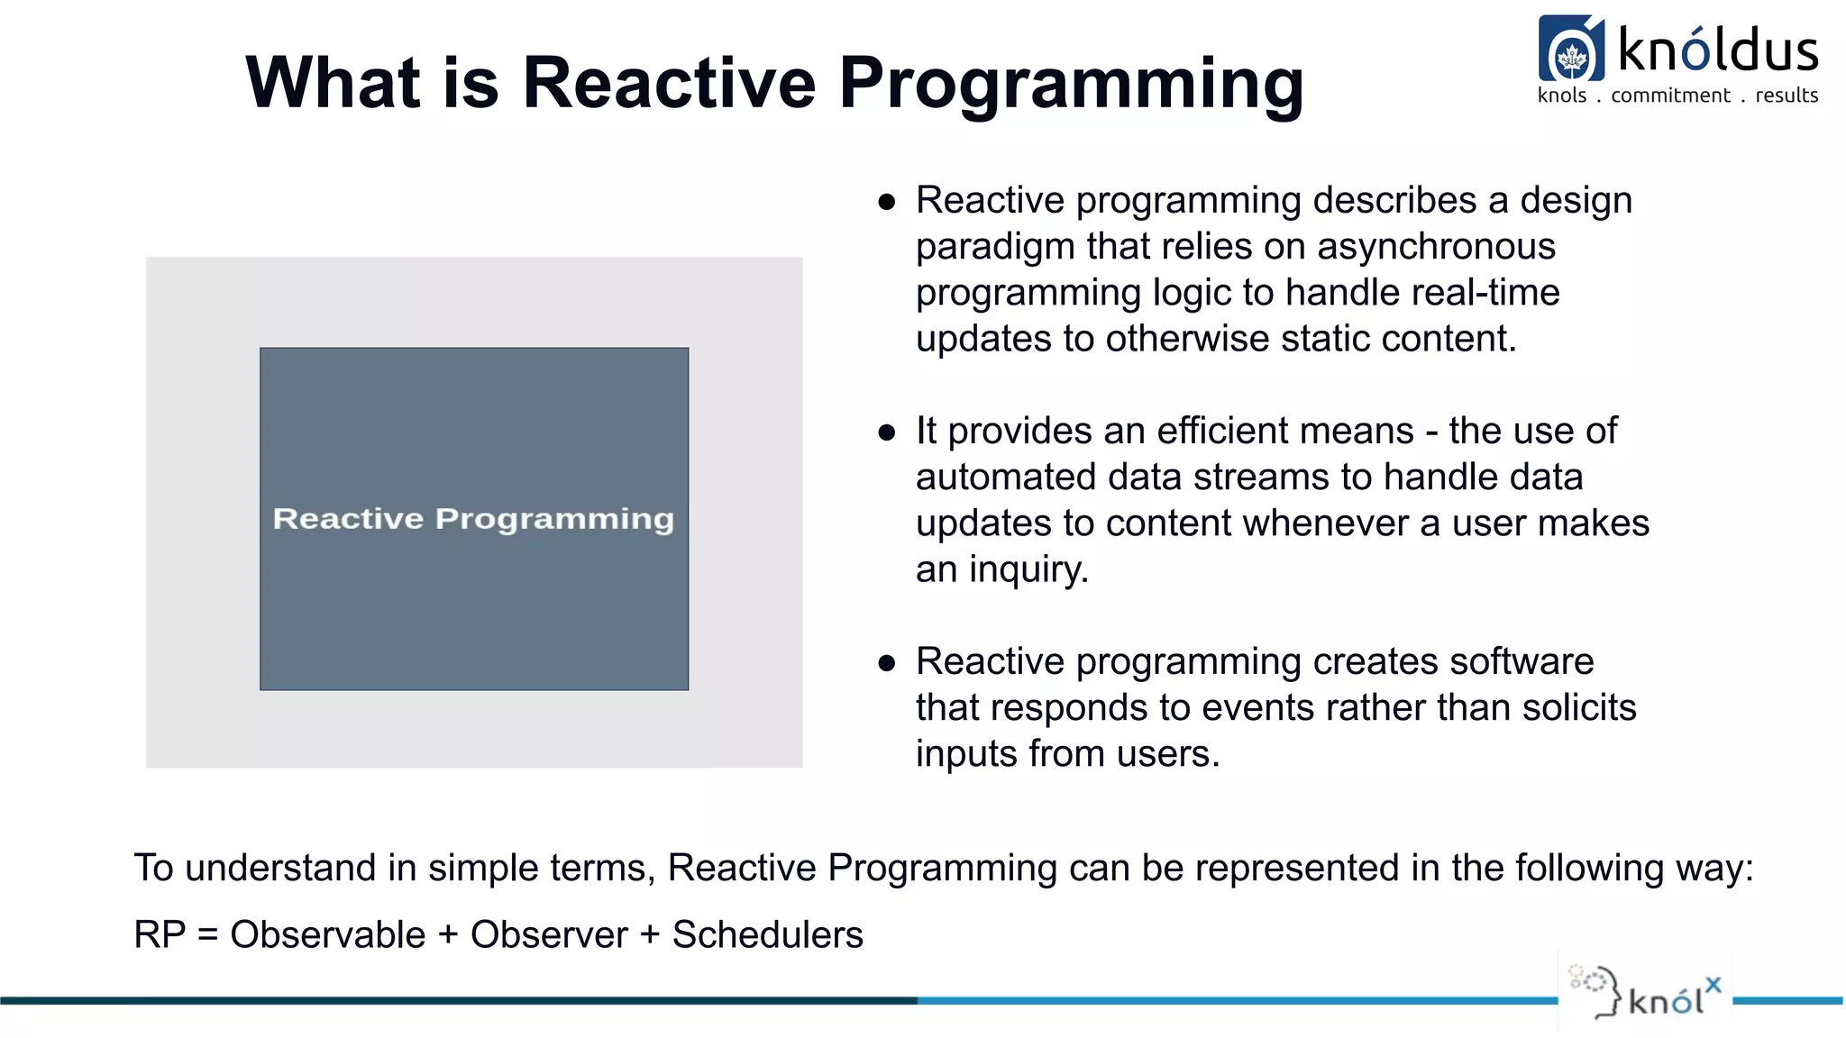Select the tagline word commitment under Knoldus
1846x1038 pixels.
pos(1670,96)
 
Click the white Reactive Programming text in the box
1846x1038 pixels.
pos(473,519)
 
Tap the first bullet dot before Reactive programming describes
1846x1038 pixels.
pos(886,202)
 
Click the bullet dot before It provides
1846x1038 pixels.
pos(886,432)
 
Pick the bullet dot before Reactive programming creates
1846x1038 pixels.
pos(886,663)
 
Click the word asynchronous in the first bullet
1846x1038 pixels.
pos(1436,247)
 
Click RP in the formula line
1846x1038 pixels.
pos(160,935)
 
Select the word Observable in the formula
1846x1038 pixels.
pos(327,935)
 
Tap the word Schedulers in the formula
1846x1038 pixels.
pos(767,935)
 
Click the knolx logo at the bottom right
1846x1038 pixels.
pos(1646,995)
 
